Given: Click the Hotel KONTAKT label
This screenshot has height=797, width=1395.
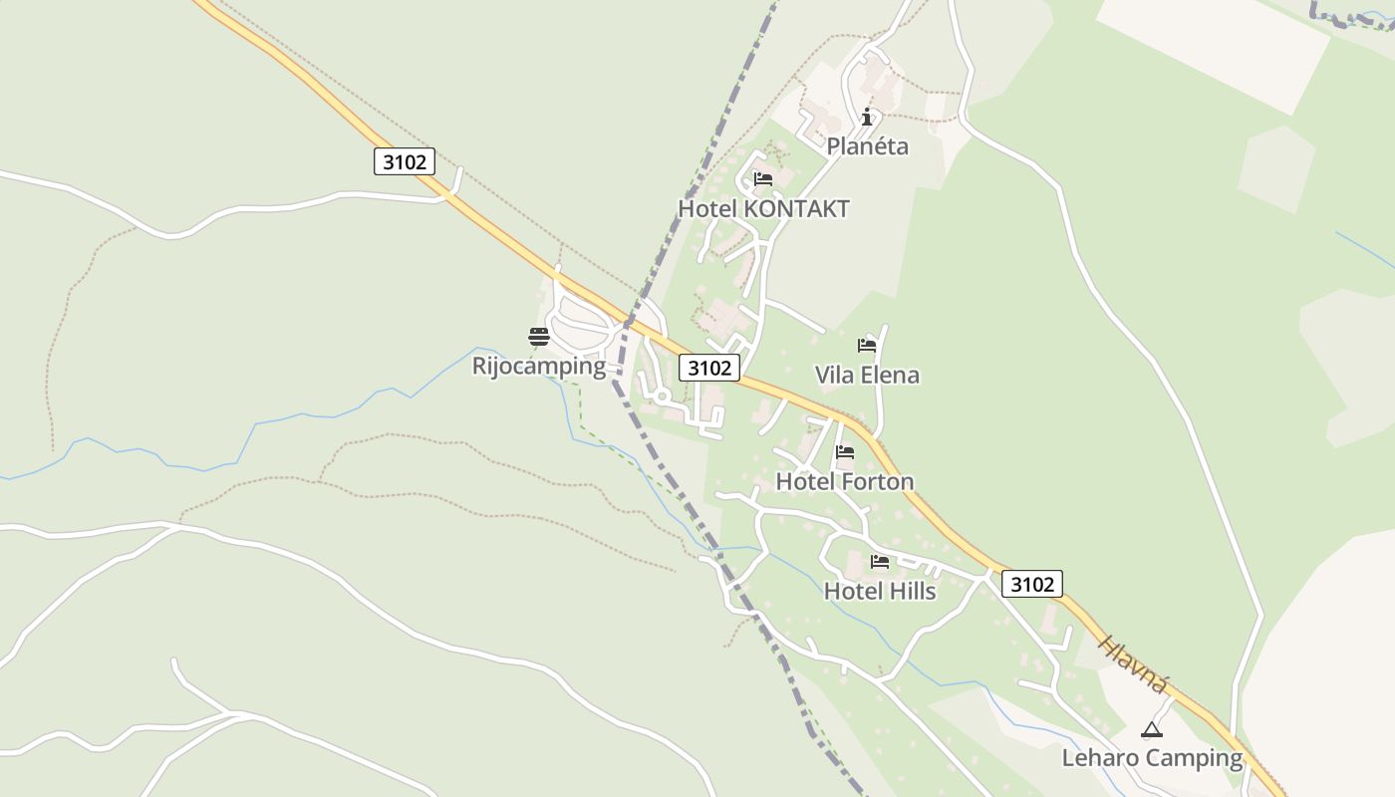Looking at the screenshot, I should coord(763,209).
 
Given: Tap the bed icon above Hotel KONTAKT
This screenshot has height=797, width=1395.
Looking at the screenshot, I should coord(763,179).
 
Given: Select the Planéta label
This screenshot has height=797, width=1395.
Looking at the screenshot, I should coord(867,146).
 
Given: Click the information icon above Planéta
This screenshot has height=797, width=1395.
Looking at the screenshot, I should coord(867,117).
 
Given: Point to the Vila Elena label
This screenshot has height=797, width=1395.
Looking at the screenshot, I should coord(867,376).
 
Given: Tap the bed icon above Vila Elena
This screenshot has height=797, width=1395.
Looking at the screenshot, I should coord(867,346).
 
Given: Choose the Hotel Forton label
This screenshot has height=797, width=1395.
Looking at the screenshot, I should coord(844,482).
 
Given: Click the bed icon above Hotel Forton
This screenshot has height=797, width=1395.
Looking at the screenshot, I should coord(845,452).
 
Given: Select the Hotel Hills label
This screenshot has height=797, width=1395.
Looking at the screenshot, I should coord(880,592).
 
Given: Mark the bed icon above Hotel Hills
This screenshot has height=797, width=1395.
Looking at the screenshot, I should coord(880,562).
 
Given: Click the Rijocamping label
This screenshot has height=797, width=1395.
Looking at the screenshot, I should coord(538,366).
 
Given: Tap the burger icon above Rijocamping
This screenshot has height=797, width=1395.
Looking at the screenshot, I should coord(539,336).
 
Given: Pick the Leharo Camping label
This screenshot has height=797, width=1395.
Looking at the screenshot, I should coord(1152,758).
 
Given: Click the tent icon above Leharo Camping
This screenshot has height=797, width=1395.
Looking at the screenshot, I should coord(1152,729).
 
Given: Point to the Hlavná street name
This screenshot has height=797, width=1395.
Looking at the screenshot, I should coord(1133,664).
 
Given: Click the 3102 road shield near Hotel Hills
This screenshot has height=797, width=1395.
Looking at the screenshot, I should coord(1031,584).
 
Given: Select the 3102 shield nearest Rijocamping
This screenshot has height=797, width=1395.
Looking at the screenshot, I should coord(709,368).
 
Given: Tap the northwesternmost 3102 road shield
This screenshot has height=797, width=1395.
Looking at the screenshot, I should coord(405,161).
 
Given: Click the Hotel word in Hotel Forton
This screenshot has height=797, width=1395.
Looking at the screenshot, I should coord(805,482).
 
